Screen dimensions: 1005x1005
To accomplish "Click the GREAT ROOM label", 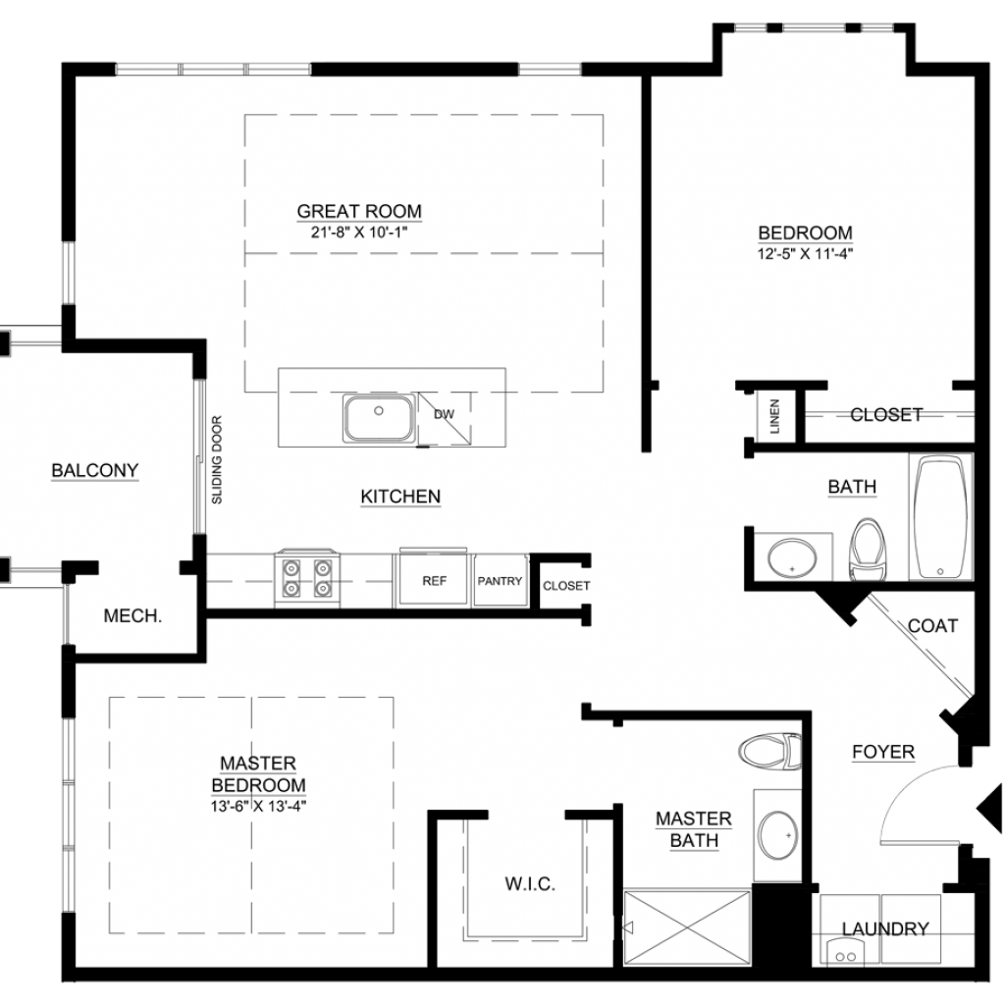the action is coord(359,211).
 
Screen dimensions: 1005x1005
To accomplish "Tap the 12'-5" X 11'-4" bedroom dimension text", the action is coord(805,254).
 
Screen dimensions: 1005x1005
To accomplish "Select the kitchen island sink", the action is coord(379,418).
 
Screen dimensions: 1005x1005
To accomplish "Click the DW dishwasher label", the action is coord(445,414).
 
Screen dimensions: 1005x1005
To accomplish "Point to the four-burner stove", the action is coord(307,578).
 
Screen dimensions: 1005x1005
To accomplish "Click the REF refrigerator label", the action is coord(435,581).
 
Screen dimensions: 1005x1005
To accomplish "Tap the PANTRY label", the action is coord(500,581).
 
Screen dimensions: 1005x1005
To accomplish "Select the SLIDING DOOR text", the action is coord(217,459).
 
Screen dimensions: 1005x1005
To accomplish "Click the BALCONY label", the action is coord(95,470).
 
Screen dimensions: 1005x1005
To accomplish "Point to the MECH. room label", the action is coord(132,616).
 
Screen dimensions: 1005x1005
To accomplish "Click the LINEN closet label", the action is coord(775,416).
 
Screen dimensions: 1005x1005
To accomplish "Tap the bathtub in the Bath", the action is coord(941,518).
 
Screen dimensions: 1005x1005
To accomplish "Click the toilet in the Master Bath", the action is coord(769,751).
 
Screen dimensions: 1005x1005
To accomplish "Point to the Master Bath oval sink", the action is coord(777,835).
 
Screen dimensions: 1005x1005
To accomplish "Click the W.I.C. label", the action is coord(530,884).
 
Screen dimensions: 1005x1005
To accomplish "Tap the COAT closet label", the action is coord(932,625).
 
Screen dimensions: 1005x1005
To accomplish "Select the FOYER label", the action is coord(883,752).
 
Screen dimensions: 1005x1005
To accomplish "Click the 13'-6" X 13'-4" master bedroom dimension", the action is coord(258,807).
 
